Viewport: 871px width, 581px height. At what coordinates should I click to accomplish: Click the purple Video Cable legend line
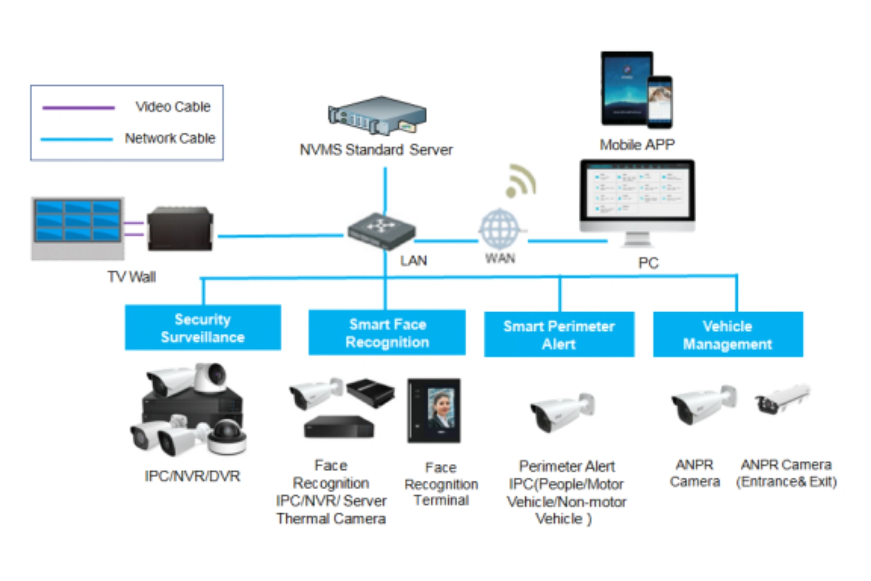(78, 108)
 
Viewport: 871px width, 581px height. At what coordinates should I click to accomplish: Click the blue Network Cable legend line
(77, 139)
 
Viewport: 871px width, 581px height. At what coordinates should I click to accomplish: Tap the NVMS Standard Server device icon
(377, 116)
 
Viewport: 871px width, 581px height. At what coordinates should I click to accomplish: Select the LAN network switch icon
(381, 231)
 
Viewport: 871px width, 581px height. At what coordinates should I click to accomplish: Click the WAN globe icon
(499, 229)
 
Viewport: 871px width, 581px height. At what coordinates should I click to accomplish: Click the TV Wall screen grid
(78, 221)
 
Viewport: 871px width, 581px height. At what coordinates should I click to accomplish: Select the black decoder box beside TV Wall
(180, 229)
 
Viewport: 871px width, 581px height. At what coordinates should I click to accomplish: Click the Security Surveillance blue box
(203, 328)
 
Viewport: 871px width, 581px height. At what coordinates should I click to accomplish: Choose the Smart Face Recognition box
(387, 333)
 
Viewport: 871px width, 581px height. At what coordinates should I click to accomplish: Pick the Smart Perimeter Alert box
(559, 335)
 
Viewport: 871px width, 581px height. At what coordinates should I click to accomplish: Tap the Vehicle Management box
(728, 335)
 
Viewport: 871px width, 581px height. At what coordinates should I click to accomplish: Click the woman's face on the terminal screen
(441, 406)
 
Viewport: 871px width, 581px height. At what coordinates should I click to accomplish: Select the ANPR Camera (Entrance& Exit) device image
(782, 399)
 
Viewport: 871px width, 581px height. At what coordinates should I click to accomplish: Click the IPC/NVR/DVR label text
(192, 476)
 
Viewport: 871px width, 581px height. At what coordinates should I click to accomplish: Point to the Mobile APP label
(637, 145)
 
